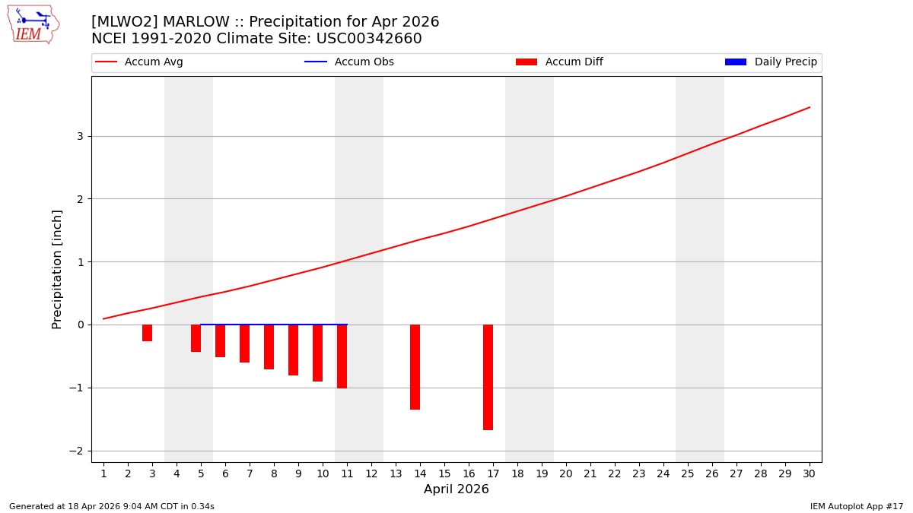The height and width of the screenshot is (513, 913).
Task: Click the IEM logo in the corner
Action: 33,24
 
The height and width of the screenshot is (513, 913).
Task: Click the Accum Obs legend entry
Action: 349,62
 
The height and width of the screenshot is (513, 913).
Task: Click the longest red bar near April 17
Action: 488,377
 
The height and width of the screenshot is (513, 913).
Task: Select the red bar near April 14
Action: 415,367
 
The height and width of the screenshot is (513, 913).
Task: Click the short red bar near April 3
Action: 147,333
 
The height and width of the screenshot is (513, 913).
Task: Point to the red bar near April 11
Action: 342,356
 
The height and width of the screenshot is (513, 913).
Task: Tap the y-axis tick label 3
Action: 79,137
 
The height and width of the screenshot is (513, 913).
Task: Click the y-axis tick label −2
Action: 77,451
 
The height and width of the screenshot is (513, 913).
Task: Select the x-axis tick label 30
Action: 809,473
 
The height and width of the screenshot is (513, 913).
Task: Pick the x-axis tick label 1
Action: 103,473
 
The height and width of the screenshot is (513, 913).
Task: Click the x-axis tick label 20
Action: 565,473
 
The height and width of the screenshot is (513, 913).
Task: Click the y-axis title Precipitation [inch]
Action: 57,269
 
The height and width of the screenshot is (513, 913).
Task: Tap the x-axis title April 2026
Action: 456,489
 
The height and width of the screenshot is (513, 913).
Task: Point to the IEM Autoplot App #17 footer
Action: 856,506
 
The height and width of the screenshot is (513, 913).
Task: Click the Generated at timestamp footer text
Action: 112,506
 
